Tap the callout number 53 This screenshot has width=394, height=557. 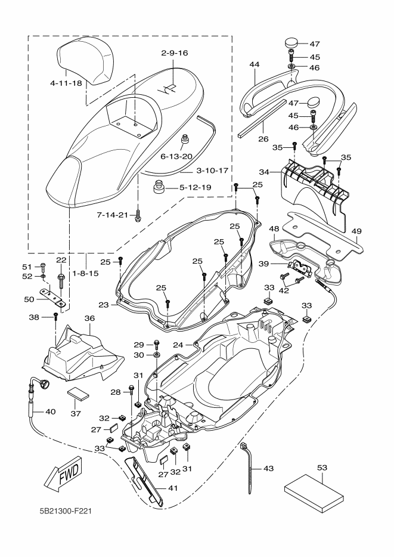pyautogui.click(x=322, y=468)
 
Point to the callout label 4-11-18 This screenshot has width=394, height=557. pyautogui.click(x=66, y=83)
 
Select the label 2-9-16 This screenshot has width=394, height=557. pyautogui.click(x=174, y=53)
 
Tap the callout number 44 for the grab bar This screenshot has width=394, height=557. pyautogui.click(x=254, y=64)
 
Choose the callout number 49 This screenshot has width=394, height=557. pyautogui.click(x=356, y=231)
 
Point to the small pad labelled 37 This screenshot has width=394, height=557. pyautogui.click(x=78, y=394)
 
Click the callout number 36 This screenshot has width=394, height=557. pyautogui.click(x=89, y=318)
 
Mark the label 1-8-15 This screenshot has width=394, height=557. pyautogui.click(x=85, y=274)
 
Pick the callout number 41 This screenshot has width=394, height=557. pyautogui.click(x=172, y=488)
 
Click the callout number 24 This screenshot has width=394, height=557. pyautogui.click(x=178, y=345)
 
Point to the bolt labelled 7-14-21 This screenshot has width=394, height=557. pyautogui.click(x=138, y=216)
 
